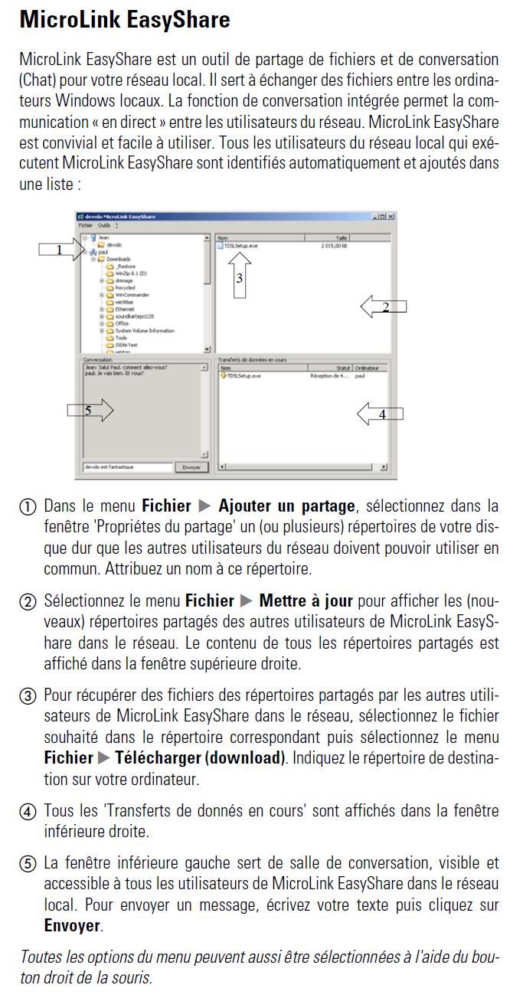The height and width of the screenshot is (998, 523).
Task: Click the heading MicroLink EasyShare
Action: pos(124,19)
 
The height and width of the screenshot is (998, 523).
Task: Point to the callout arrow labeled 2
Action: pos(383,306)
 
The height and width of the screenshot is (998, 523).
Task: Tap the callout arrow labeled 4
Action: pos(380,414)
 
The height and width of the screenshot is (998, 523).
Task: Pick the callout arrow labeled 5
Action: pos(90,411)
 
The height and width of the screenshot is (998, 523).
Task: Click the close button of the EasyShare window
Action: pos(391,217)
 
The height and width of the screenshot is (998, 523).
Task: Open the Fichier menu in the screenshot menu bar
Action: pos(85,226)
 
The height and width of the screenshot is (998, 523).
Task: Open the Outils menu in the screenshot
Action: pos(103,226)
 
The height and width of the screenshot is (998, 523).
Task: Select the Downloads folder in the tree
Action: pos(118,260)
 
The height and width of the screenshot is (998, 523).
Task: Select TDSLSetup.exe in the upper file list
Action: pos(240,246)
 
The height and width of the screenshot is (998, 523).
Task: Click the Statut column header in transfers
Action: pos(343,368)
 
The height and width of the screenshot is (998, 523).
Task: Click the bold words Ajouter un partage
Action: pos(286,506)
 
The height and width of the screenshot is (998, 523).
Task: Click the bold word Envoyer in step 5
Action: pos(72,925)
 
